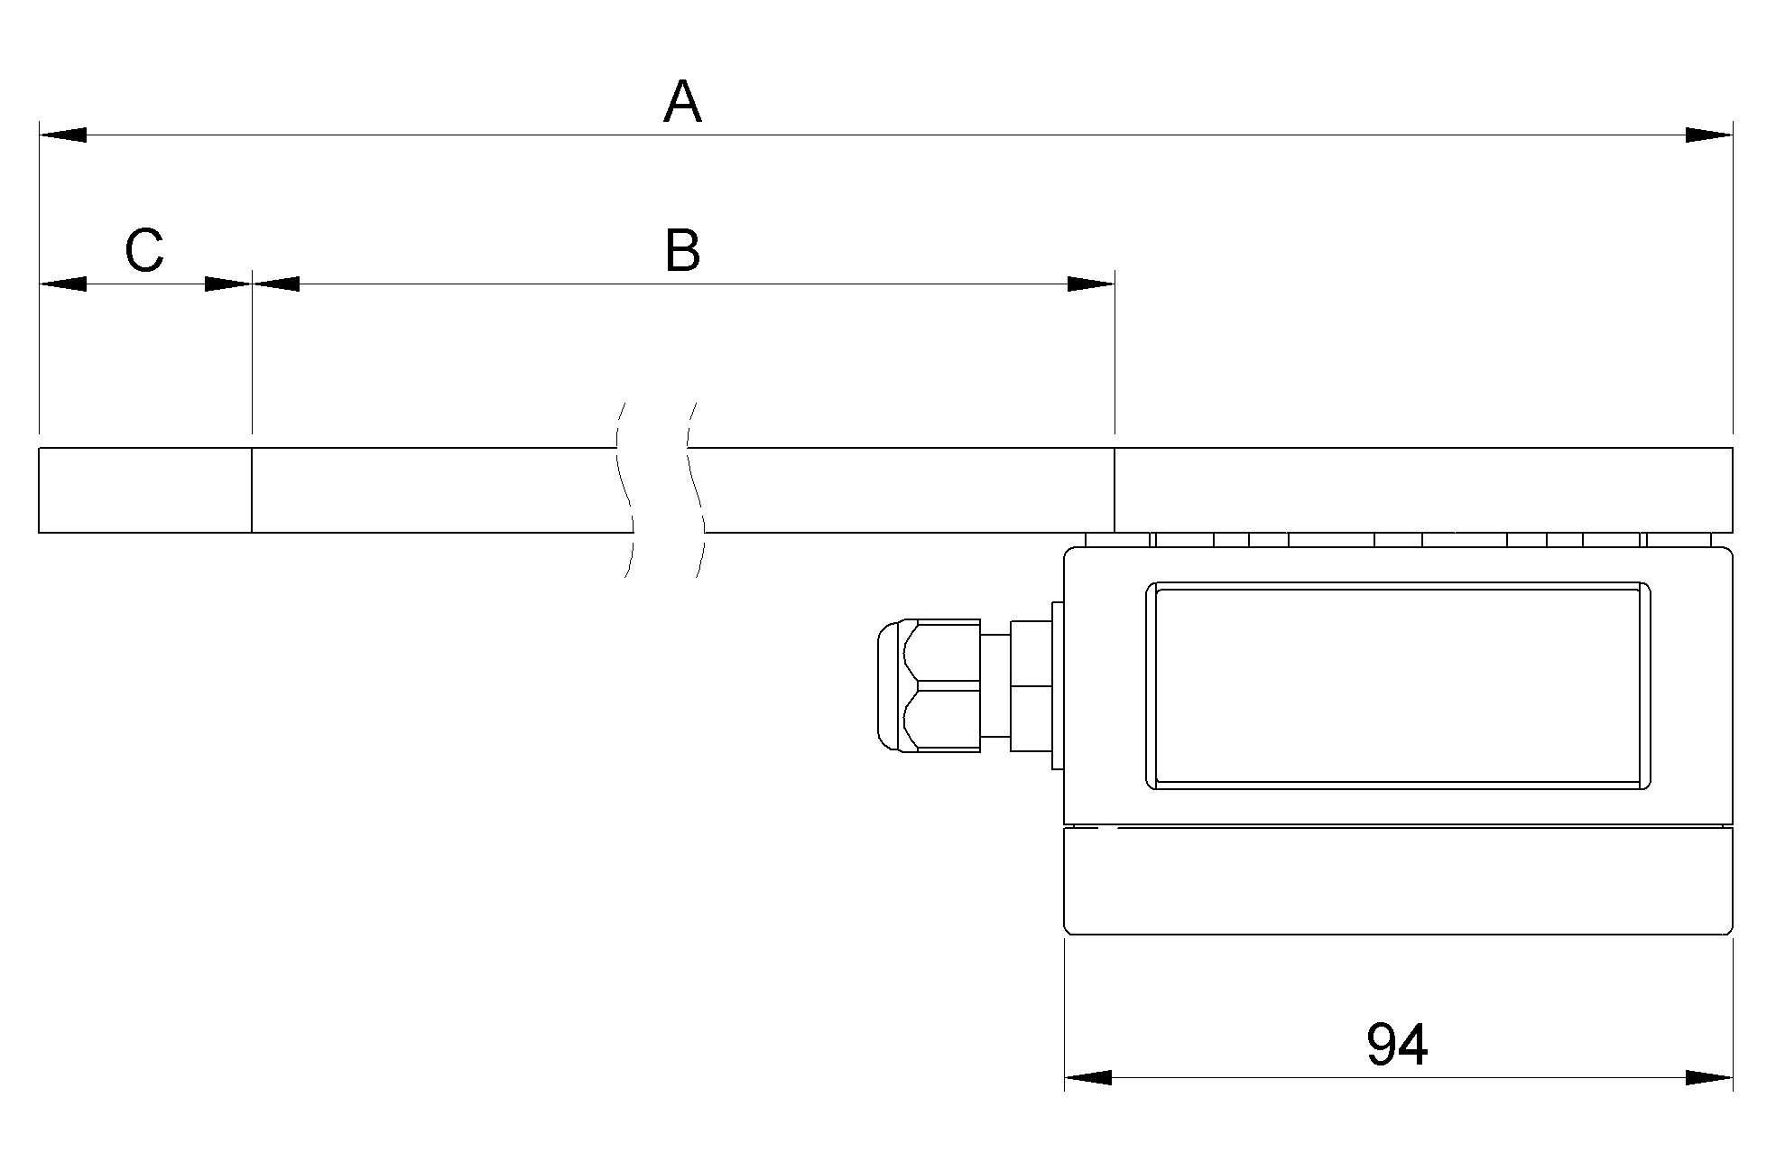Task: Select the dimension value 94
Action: coord(1397,1045)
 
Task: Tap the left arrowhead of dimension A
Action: coord(63,135)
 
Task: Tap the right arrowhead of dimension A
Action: coord(1708,135)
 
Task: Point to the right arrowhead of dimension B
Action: coord(1090,284)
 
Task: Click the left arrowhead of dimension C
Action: coord(63,284)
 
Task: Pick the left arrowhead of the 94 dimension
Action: coord(1088,1077)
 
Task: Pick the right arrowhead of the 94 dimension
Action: coord(1708,1077)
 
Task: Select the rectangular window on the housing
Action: coord(1397,686)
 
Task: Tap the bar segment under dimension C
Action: coord(144,490)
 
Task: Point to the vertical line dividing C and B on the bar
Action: coord(252,490)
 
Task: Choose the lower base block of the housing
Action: coord(1397,880)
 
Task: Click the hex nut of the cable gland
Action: coord(943,686)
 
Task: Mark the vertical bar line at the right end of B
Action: coord(1115,490)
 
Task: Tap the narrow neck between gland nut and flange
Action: coord(995,686)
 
